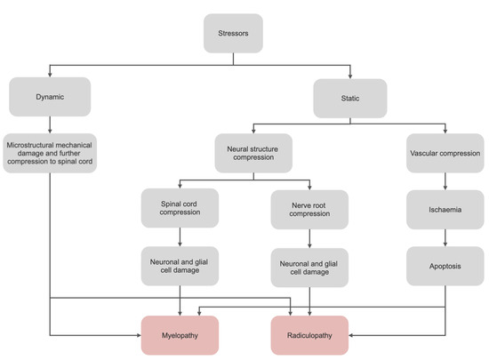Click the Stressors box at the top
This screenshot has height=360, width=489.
click(x=233, y=33)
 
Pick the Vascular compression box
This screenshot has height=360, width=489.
click(x=444, y=151)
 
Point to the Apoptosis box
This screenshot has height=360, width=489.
click(x=444, y=265)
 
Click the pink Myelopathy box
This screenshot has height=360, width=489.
click(x=180, y=336)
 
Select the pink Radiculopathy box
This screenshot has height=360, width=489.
click(x=309, y=336)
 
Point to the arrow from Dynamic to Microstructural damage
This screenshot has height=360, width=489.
click(x=50, y=124)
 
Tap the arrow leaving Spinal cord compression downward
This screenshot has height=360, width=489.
click(x=180, y=237)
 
